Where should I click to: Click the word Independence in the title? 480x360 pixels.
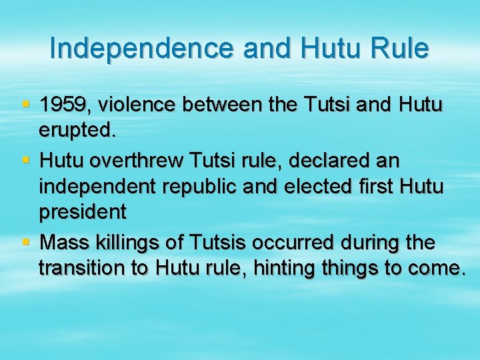tap(141, 49)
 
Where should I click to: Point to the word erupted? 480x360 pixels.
tap(77, 131)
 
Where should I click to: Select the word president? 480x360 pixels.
tap(82, 213)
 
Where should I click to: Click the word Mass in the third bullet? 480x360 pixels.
tap(64, 242)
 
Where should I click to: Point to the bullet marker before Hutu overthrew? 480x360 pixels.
tap(26, 160)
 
